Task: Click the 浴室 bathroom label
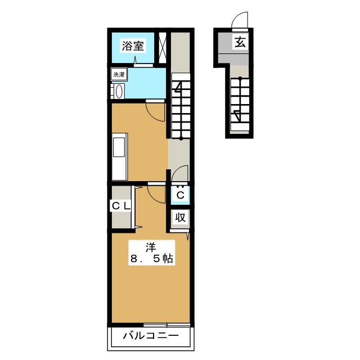pyautogui.click(x=133, y=46)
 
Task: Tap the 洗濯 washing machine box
pyautogui.click(x=119, y=74)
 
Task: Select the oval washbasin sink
pyautogui.click(x=119, y=91)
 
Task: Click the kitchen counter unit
pyautogui.click(x=119, y=156)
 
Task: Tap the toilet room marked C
pyautogui.click(x=181, y=195)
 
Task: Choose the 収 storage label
pyautogui.click(x=181, y=217)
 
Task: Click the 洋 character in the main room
pyautogui.click(x=151, y=247)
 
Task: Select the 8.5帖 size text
pyautogui.click(x=151, y=259)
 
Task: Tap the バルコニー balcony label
pyautogui.click(x=151, y=336)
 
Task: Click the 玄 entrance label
pyautogui.click(x=240, y=42)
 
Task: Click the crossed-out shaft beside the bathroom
pyautogui.click(x=163, y=47)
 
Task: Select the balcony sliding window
pyautogui.click(x=167, y=325)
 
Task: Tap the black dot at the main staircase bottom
pyautogui.click(x=181, y=138)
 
